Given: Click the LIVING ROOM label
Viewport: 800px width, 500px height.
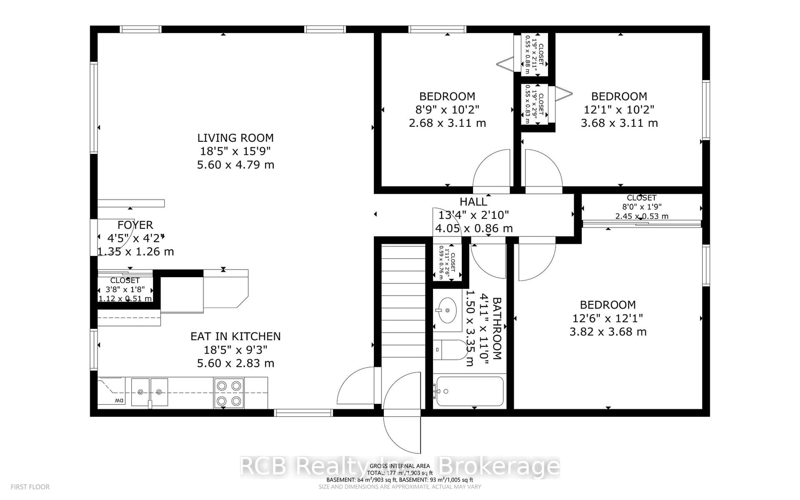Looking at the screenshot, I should coord(235,137).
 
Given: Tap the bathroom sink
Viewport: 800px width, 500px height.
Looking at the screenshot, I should coord(447,310).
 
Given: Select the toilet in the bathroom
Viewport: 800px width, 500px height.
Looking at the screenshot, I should coord(450,350).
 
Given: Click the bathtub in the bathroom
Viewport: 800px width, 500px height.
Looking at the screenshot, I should coord(469,391).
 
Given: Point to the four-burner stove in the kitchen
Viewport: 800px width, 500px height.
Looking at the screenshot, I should coord(229,393).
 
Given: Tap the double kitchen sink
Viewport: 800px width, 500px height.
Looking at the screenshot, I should coord(149,392).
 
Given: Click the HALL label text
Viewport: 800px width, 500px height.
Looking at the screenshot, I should coord(473,202).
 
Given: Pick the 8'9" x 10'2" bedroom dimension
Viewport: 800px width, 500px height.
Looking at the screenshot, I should coord(447,109).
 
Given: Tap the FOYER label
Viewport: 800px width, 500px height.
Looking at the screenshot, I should coord(135,225).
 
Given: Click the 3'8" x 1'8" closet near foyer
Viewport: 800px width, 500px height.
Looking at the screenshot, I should coord(125,289).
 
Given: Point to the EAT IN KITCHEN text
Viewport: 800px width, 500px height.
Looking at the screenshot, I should coord(235,336).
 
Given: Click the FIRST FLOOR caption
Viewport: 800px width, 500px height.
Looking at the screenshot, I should coord(30,487).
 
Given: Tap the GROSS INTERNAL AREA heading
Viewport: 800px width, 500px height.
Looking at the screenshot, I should coord(399,466).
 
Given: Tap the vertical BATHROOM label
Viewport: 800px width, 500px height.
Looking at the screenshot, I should coord(497,328).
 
